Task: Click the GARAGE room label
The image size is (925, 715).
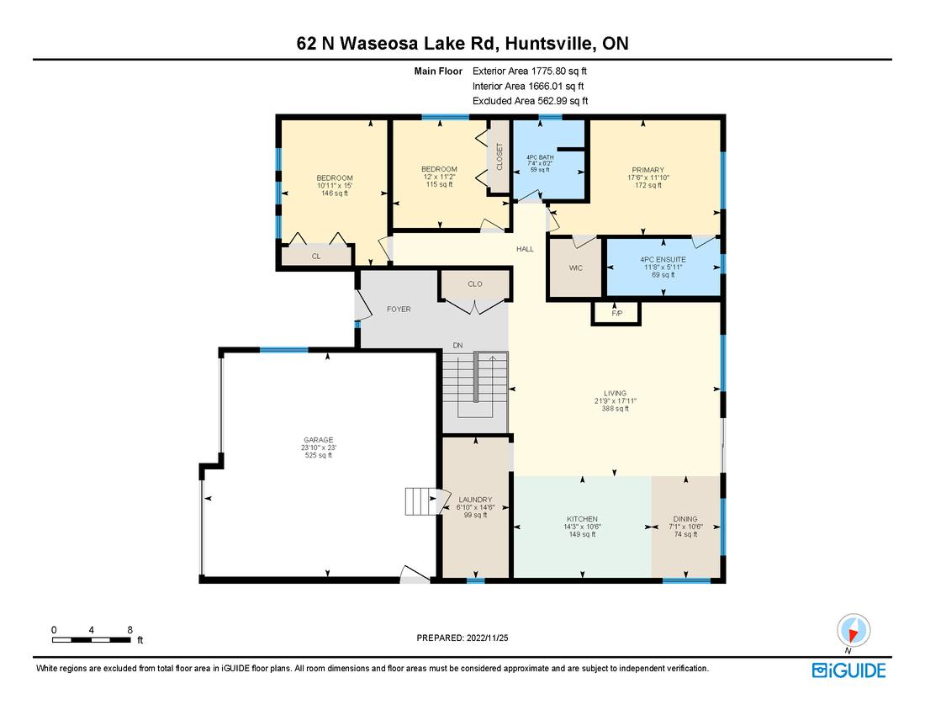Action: coord(319,440)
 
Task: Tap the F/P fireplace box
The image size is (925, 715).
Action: coord(616,313)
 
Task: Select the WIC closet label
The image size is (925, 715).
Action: coord(576,267)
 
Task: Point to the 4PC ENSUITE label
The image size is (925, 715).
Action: coord(663,260)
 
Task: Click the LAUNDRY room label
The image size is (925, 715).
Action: coord(475,500)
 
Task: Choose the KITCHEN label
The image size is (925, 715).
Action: coord(582,519)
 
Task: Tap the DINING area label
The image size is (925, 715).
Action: coord(685,519)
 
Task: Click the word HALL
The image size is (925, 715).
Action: coord(525,249)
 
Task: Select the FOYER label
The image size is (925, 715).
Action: coord(399,309)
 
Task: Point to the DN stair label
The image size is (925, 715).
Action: coord(457,345)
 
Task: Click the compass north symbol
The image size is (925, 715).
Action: coord(853,631)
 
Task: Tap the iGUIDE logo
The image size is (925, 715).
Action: coord(849,670)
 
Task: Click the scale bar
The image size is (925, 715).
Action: coord(92,640)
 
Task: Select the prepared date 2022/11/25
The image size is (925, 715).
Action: coord(487,638)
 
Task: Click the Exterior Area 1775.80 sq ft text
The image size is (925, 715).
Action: coord(530,71)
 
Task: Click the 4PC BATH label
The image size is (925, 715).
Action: coord(540,157)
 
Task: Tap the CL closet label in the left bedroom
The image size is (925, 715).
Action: coord(316,256)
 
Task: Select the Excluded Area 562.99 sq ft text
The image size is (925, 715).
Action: coord(531,101)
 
